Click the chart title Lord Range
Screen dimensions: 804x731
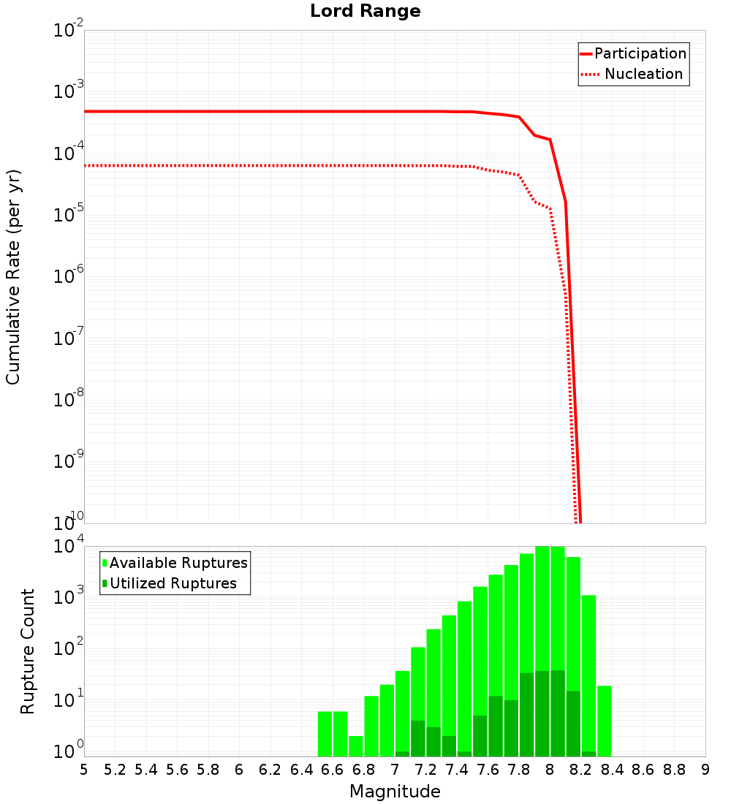tap(365, 12)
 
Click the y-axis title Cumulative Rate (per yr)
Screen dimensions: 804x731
tap(13, 277)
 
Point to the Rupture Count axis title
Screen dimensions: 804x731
tap(28, 651)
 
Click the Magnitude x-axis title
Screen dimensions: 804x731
tap(395, 792)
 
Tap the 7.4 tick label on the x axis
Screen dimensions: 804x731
tap(457, 770)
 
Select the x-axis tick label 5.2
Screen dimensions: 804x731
tap(115, 770)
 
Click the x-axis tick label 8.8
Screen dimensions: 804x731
tap(674, 770)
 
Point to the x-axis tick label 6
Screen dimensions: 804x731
tap(239, 770)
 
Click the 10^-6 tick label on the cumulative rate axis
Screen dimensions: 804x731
tap(68, 276)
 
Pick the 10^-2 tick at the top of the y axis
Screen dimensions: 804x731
tap(68, 31)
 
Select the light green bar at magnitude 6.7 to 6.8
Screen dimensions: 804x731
tap(356, 746)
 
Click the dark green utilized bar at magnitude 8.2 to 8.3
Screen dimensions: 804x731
tap(589, 754)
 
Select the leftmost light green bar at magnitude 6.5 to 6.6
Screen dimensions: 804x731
tap(325, 734)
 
